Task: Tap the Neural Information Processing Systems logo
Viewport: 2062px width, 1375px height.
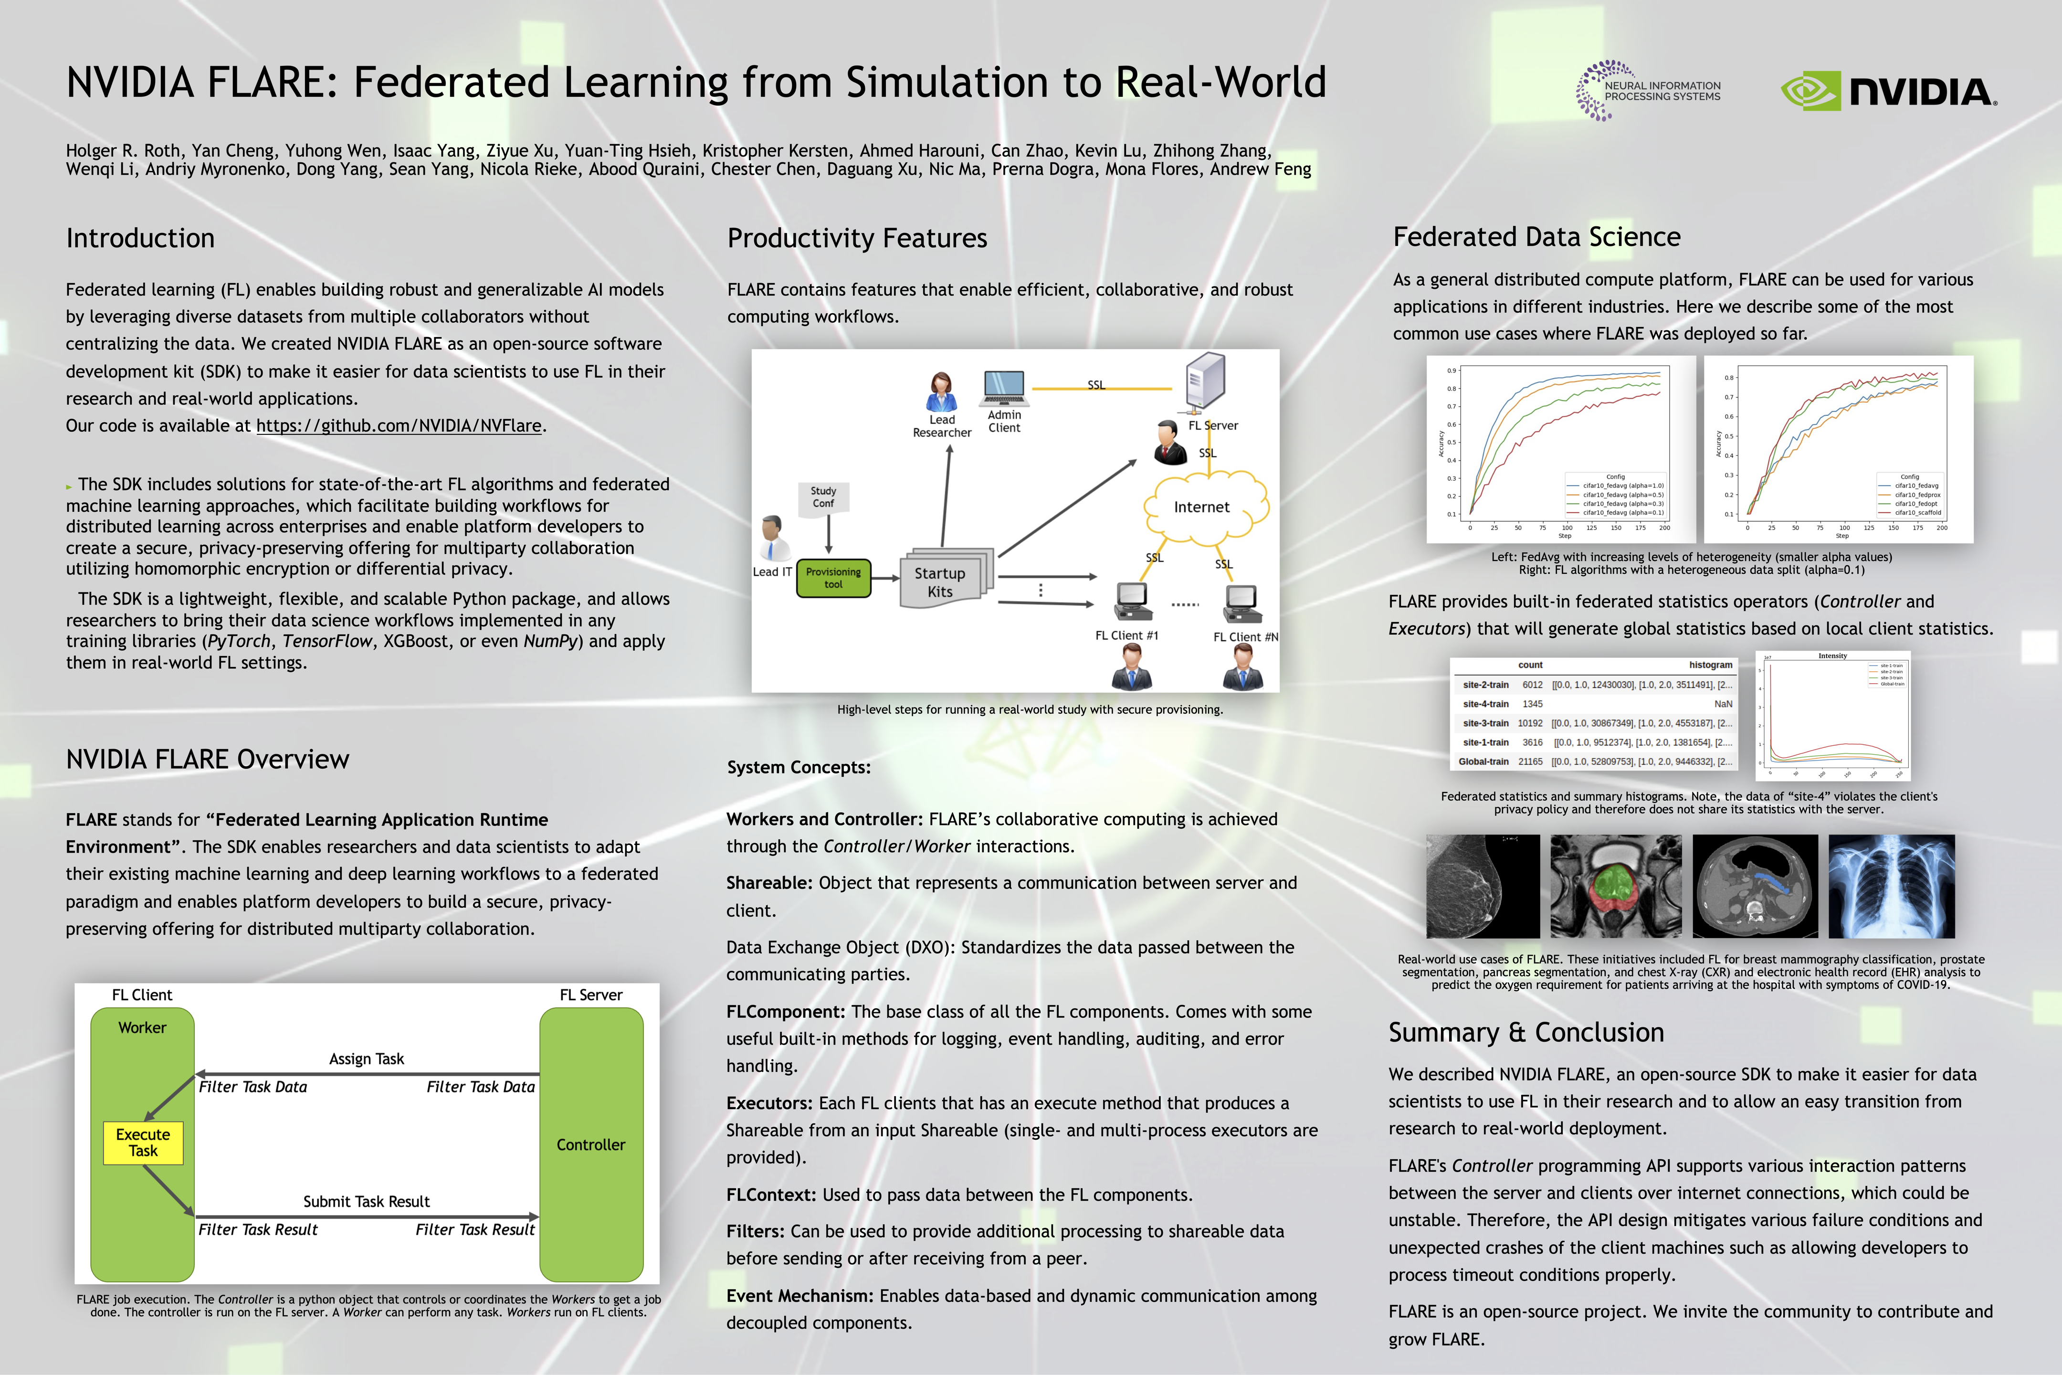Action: point(1648,90)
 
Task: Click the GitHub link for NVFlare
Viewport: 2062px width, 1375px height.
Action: point(399,425)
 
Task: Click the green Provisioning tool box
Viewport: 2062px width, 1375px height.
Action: point(833,578)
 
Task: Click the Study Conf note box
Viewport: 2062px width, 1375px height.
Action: point(823,497)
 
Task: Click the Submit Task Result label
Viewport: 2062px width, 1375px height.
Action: point(367,1201)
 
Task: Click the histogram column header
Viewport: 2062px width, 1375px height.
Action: point(1710,666)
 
